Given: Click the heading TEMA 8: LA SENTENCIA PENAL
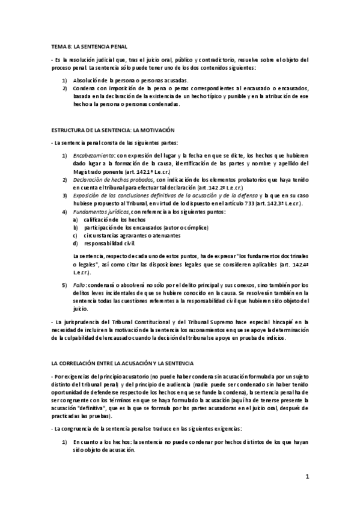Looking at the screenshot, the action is click(88, 46).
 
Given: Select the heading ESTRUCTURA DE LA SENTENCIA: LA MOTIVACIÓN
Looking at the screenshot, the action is click(113, 130).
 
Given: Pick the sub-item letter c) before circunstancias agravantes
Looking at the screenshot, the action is click(75, 235).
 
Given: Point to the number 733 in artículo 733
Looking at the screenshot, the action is click(240, 203).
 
